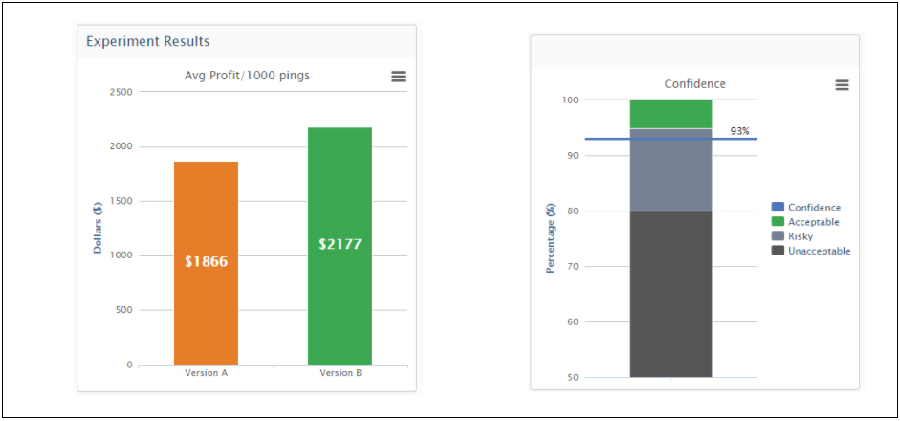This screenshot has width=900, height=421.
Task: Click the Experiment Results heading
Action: coord(148,41)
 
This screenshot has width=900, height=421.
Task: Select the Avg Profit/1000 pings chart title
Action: coord(247,75)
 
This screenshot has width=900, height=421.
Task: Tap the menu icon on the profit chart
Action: coord(399,77)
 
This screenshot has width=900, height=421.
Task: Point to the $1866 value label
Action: coord(207,261)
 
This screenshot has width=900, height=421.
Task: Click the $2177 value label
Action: coord(340,244)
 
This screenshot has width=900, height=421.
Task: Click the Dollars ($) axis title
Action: coord(99,228)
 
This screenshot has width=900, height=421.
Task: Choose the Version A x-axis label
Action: coord(207,373)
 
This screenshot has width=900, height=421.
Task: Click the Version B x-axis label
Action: coord(340,373)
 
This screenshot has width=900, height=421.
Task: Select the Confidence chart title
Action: coord(695,84)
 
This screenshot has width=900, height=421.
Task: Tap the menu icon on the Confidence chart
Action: coord(842,84)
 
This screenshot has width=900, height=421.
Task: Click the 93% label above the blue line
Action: coord(738,131)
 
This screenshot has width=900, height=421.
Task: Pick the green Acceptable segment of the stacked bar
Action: coord(670,113)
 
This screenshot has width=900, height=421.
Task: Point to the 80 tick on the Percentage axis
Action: coord(571,210)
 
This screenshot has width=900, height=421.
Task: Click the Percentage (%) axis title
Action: coord(551,237)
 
